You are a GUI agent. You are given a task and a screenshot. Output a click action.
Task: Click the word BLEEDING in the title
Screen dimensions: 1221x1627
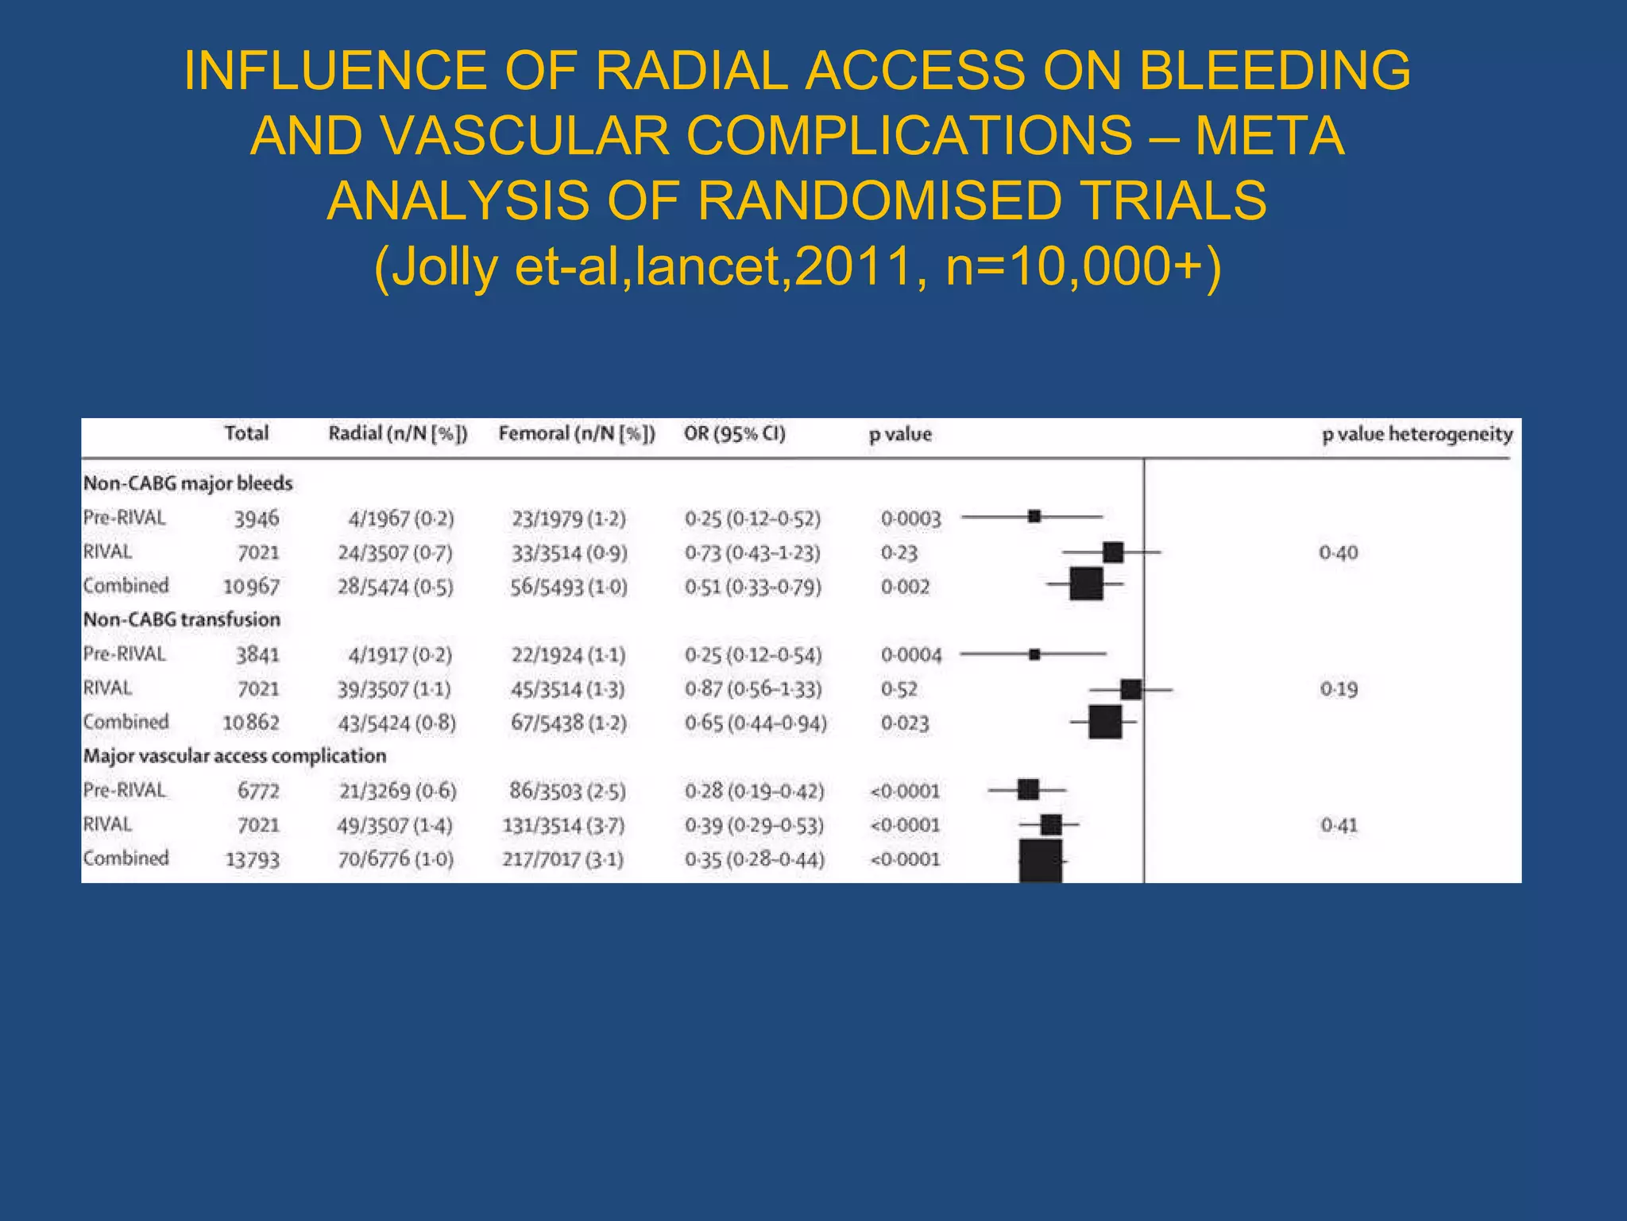[x=1274, y=70]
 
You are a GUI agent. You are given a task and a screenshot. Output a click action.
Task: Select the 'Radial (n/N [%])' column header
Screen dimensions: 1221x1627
[x=398, y=434]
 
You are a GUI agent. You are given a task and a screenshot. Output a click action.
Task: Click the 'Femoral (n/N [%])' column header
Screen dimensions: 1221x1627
[x=577, y=434]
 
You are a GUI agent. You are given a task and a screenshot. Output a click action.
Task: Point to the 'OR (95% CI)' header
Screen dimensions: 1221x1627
[x=734, y=434]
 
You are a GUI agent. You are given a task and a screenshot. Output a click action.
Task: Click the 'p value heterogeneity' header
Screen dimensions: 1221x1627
[x=1417, y=434]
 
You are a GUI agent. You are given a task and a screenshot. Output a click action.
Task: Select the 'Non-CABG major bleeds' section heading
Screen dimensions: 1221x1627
[x=188, y=483]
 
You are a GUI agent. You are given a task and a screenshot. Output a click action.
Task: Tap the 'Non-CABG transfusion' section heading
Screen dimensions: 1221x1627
[x=182, y=619]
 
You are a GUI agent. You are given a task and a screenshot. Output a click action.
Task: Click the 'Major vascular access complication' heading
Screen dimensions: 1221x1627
[x=235, y=756]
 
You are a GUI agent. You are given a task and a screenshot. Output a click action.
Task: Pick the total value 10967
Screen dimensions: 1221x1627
[x=251, y=587]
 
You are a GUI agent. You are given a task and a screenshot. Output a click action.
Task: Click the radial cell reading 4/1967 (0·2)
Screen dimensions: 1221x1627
[x=400, y=519]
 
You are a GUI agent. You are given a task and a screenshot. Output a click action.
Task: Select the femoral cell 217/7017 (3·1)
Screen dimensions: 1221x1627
[x=562, y=859]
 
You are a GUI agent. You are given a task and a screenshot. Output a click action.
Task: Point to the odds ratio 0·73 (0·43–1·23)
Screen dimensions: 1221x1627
[x=752, y=552]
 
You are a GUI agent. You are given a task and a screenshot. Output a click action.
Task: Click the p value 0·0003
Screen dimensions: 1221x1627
[x=910, y=519]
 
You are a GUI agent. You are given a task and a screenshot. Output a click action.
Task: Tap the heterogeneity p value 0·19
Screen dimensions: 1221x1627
[x=1339, y=689]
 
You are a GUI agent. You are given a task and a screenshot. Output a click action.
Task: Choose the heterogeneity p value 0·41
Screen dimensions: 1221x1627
[x=1339, y=825]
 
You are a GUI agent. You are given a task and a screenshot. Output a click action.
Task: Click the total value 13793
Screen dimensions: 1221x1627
[x=253, y=859]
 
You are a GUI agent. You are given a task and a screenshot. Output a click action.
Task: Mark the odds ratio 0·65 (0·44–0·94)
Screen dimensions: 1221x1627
[x=756, y=723]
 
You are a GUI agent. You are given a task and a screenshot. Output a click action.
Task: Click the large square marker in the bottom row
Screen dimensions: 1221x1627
[x=1041, y=861]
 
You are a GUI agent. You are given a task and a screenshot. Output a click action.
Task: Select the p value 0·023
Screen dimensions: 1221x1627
[x=905, y=723]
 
